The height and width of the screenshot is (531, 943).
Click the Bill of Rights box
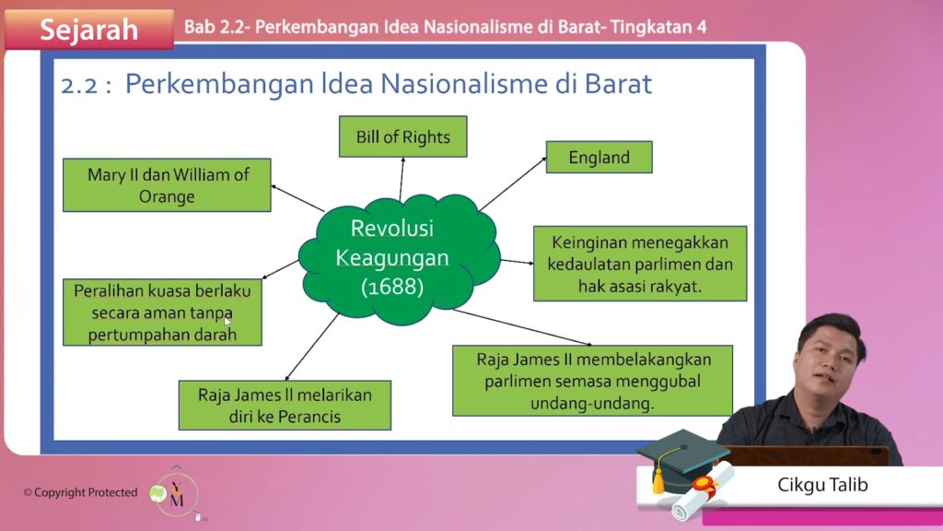pos(403,136)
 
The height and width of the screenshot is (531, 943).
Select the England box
pos(599,157)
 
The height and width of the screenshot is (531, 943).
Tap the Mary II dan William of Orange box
pos(168,184)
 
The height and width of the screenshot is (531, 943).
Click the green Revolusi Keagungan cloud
pos(400,259)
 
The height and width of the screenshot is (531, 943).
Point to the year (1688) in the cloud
pos(392,287)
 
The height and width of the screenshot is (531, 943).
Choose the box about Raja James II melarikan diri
pos(285,406)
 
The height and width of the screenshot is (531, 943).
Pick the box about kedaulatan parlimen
pos(640,264)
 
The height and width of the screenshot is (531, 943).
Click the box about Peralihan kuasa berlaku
pos(162,312)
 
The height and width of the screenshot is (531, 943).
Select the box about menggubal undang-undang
pos(592,381)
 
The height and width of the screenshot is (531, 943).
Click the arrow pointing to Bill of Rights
pos(402,180)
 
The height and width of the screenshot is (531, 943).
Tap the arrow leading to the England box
pos(513,183)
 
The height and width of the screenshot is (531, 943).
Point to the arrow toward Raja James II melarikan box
pos(311,348)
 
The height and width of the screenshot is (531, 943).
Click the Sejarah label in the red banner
pos(89,29)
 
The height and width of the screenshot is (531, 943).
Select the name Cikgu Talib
pos(822,485)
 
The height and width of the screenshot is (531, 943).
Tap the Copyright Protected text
pos(81,492)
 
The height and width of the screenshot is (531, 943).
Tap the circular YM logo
pos(176,494)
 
